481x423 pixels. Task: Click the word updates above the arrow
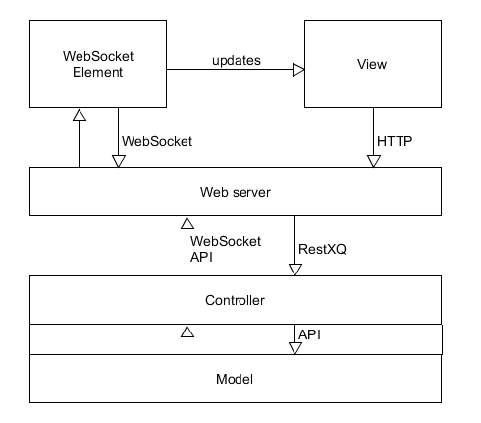point(237,61)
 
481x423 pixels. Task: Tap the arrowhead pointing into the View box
point(298,70)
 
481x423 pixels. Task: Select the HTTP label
point(395,141)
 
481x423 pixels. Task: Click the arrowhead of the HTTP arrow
point(374,161)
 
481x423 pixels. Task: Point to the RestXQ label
point(322,249)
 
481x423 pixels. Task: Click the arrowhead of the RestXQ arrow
point(295,270)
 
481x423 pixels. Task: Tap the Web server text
point(236,192)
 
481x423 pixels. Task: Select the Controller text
point(235,300)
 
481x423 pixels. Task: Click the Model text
point(235,379)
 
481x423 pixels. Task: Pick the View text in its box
point(372,64)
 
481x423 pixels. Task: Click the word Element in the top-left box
point(97,72)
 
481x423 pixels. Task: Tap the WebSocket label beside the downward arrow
point(157,141)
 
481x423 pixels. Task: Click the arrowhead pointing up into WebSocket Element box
point(80,115)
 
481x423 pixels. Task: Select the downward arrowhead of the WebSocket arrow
point(119,161)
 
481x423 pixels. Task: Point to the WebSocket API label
point(226,249)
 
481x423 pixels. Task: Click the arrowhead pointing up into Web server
point(187,223)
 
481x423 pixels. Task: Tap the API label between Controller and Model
point(309,334)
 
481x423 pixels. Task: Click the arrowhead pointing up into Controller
point(187,332)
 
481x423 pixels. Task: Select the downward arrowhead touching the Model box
point(295,348)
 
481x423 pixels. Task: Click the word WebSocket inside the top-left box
point(98,56)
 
